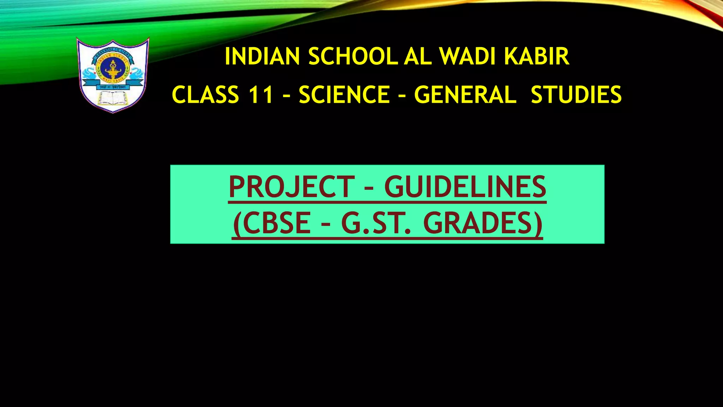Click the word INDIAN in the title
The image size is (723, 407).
262,57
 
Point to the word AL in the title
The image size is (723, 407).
418,57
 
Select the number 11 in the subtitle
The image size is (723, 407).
261,95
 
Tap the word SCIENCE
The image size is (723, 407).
344,95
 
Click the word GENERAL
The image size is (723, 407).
465,95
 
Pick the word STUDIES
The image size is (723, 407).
576,95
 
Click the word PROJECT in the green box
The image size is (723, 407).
292,187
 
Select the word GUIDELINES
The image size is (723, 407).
465,187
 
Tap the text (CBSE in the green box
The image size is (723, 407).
272,224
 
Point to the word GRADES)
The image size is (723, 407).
483,224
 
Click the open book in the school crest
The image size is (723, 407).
113,98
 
